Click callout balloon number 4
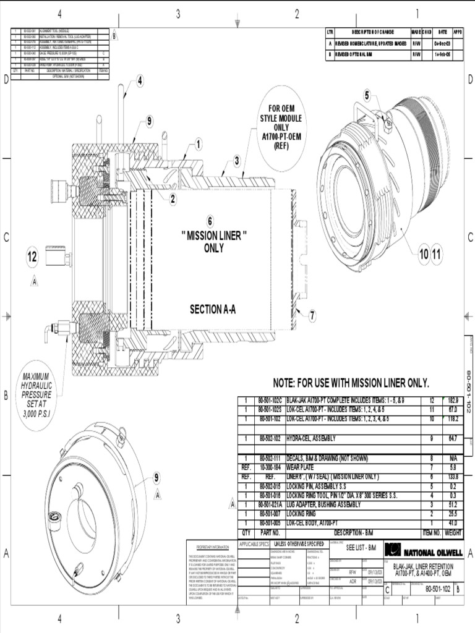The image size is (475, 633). pos(140,80)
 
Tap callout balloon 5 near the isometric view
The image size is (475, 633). pos(367,95)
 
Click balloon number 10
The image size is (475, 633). pos(424,253)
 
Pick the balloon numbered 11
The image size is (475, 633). pos(437,253)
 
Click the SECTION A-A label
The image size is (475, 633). pos(213,309)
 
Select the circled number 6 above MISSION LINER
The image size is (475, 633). pos(210,221)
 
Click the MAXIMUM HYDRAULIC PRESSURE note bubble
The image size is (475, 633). pos(37,394)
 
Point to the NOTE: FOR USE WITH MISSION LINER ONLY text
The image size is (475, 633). pos(351,383)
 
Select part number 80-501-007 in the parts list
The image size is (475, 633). pos(270,514)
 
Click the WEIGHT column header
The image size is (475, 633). pos(453,532)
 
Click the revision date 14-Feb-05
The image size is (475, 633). pos(442,54)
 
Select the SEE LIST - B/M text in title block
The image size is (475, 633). pos(362,548)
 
